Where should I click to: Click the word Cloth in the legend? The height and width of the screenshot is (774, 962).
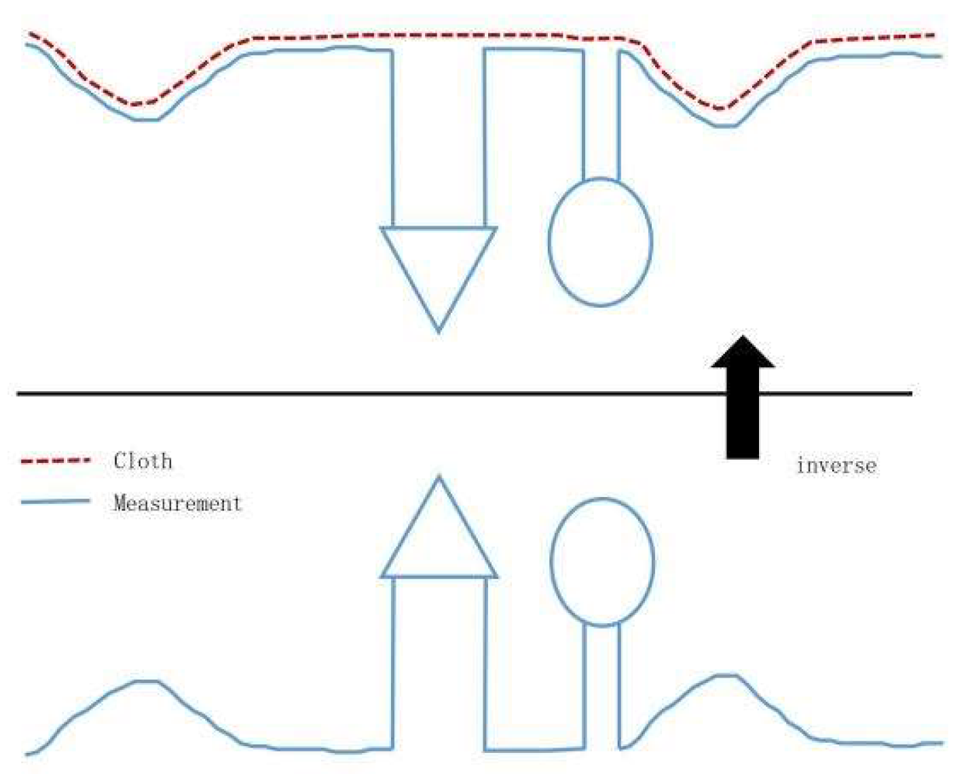point(143,461)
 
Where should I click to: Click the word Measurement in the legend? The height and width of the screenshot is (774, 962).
point(177,503)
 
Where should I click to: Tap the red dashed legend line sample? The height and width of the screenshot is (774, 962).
point(56,460)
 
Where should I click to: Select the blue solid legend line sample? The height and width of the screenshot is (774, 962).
point(56,502)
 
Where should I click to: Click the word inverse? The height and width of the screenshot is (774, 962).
point(836,466)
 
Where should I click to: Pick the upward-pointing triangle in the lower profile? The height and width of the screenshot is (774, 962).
point(439,543)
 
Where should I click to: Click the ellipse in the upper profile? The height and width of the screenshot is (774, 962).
point(600,242)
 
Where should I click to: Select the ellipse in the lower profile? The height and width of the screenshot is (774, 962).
point(602,561)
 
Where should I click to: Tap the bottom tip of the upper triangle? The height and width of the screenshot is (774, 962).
point(439,331)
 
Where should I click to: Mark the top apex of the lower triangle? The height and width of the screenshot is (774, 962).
point(439,477)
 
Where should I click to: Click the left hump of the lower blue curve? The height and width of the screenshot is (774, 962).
point(146,681)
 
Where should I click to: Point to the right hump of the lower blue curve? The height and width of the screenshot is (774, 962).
point(726,676)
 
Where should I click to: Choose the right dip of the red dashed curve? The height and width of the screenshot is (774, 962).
point(723,108)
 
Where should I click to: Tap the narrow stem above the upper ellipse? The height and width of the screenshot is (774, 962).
point(601,115)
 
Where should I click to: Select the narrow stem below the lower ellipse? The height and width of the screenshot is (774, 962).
point(602,686)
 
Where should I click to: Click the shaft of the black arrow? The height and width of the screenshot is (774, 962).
point(743,421)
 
